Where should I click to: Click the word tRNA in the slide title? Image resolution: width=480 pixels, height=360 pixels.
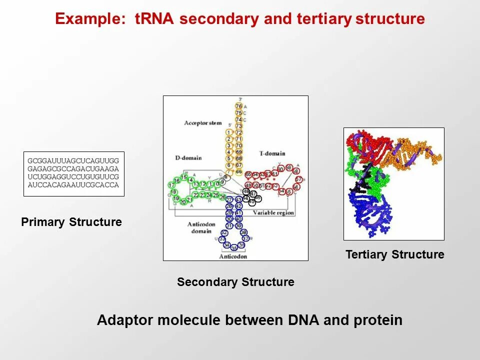pos(155,19)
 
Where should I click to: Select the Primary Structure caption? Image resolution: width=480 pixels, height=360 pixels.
pos(71,222)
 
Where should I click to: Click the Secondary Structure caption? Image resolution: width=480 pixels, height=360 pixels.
pos(235,282)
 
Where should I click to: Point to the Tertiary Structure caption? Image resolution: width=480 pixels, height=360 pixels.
pos(394,254)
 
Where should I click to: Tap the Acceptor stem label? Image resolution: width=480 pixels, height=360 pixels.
pos(202,123)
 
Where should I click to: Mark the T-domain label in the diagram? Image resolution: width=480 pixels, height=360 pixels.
pos(272,153)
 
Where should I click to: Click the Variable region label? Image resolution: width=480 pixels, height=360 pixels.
pos(273,213)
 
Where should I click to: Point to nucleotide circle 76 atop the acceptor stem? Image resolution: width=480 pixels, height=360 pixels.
pos(238,106)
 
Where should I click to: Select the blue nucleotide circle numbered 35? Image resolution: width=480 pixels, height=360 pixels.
pos(234,247)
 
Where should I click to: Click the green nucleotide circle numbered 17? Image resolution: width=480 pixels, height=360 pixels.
pos(171,185)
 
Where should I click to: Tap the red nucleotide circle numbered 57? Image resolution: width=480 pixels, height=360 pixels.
pos(298,179)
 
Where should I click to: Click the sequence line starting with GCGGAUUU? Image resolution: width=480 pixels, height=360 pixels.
pos(73,161)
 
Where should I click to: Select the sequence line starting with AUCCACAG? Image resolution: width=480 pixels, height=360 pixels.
pos(73,185)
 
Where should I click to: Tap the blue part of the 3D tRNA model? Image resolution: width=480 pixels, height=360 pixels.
pos(367,210)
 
